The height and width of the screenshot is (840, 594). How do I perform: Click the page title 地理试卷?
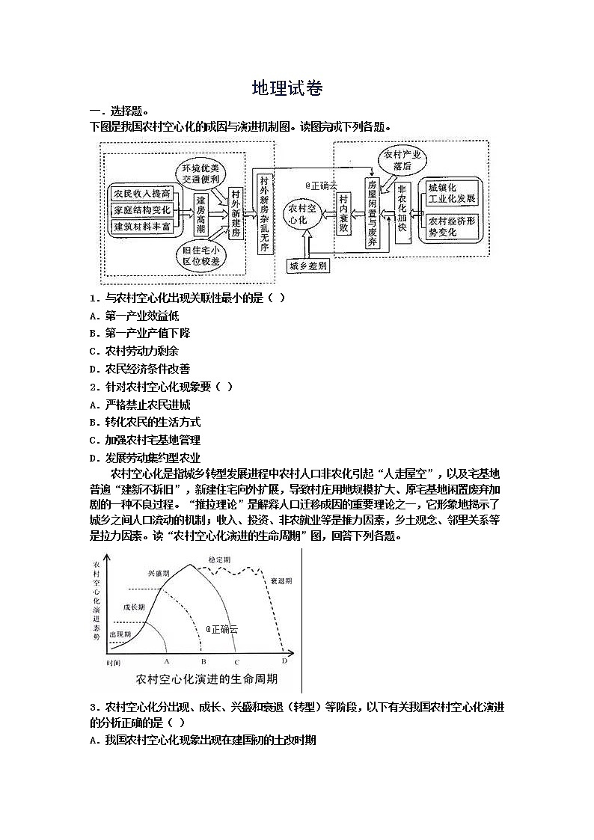click(x=287, y=88)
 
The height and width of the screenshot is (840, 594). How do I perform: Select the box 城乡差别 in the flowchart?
click(x=307, y=266)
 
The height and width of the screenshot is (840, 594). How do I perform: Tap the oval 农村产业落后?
click(x=402, y=160)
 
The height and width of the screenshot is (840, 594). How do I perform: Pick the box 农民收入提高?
click(x=141, y=193)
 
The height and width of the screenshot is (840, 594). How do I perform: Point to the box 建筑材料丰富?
click(x=141, y=225)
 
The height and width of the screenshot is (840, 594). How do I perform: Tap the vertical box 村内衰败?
click(x=343, y=213)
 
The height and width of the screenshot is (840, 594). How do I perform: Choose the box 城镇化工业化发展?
click(x=450, y=193)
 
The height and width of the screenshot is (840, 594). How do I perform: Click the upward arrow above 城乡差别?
click(x=304, y=244)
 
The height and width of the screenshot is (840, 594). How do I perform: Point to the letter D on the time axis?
click(x=284, y=661)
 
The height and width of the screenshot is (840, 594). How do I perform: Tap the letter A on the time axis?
click(x=166, y=662)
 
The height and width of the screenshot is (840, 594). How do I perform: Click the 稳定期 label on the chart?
click(x=220, y=560)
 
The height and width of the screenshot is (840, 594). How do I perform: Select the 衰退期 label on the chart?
click(x=281, y=580)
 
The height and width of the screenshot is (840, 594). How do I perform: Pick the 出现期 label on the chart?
click(x=120, y=634)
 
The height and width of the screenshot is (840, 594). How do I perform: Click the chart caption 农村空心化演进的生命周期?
click(x=206, y=679)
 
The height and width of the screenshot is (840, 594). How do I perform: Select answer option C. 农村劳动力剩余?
click(x=134, y=351)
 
